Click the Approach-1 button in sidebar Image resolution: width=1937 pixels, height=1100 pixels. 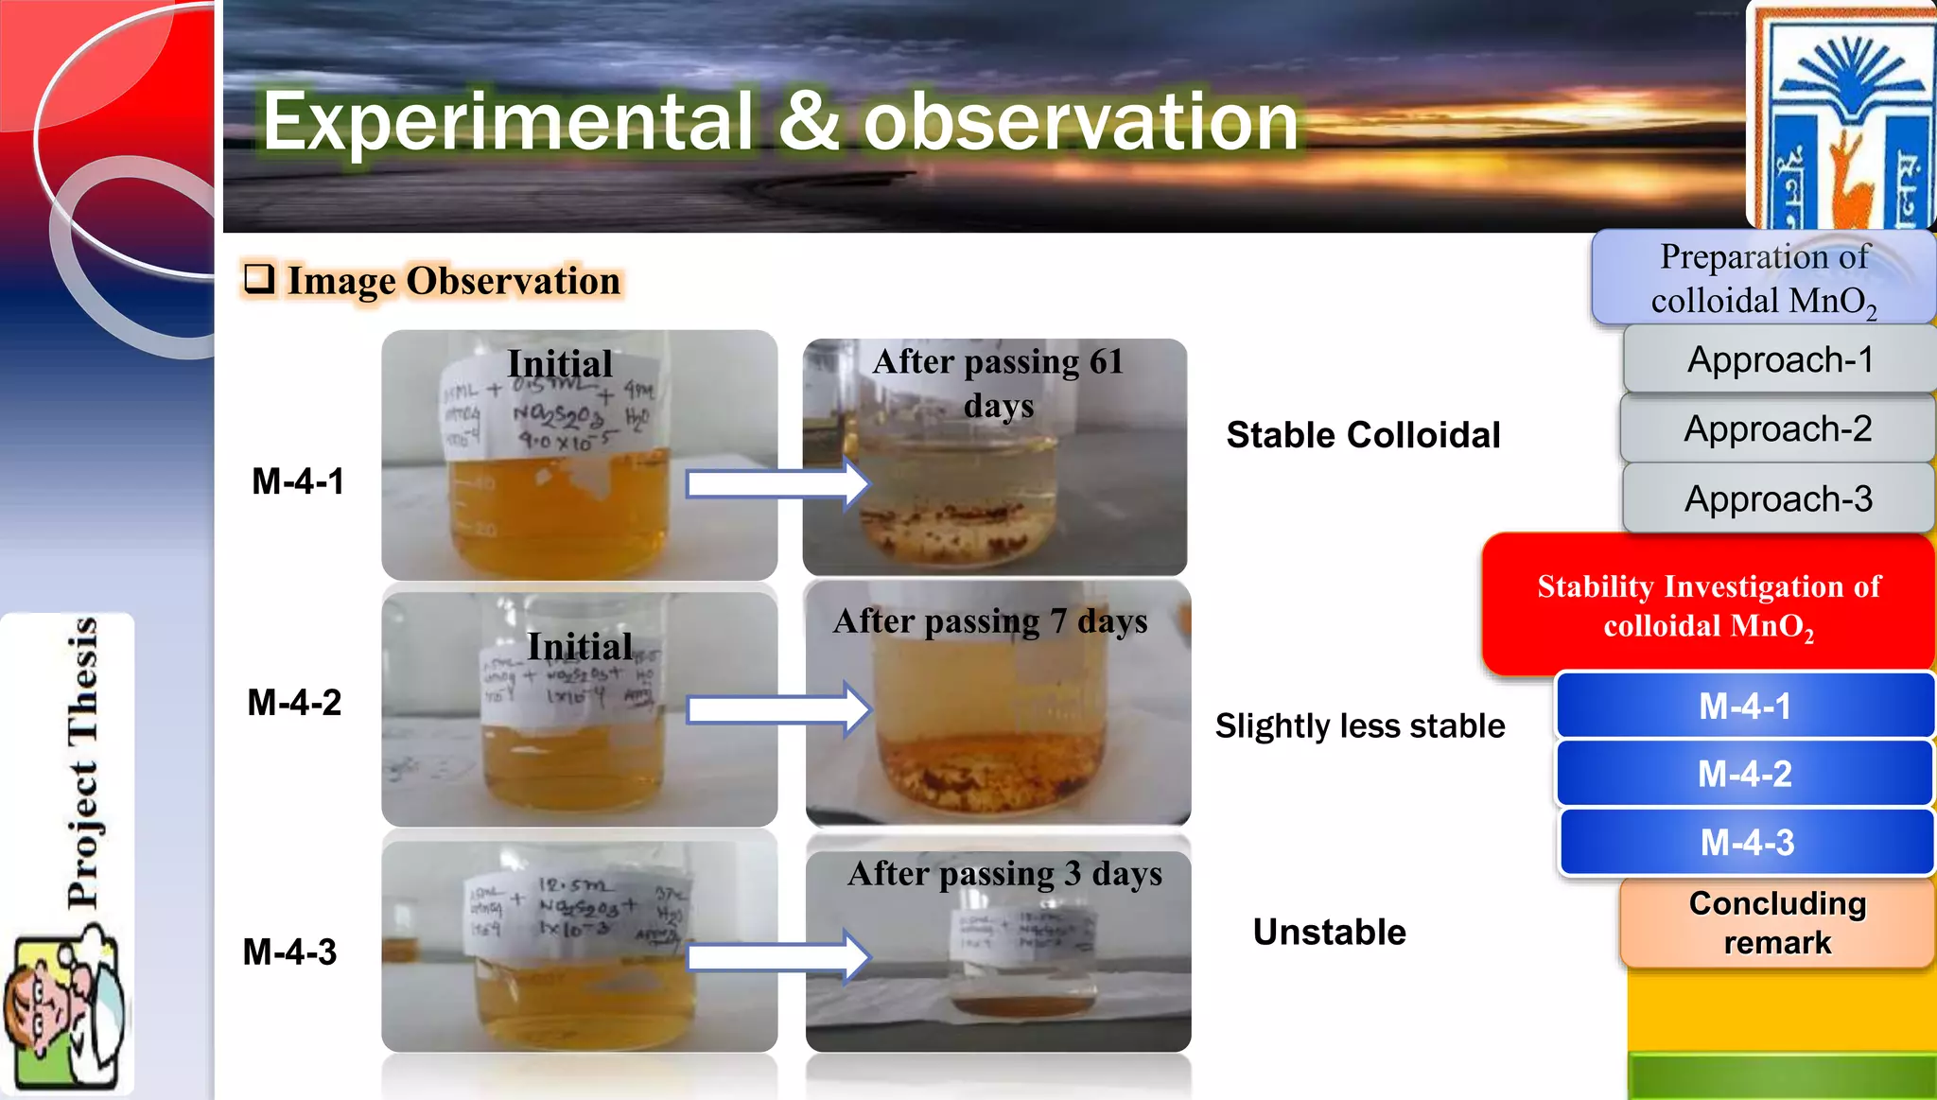(1779, 359)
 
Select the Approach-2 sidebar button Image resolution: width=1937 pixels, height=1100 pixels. (1777, 428)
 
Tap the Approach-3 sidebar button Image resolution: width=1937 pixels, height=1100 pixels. (1778, 498)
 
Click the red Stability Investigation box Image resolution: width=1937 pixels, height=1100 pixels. (1708, 605)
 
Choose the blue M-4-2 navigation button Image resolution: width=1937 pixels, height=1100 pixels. (1744, 774)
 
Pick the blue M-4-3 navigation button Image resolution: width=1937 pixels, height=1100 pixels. (1746, 842)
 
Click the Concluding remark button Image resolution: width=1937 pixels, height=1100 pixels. (1777, 923)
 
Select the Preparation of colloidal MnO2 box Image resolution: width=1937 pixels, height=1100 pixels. (1764, 278)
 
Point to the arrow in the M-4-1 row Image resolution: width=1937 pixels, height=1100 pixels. (777, 484)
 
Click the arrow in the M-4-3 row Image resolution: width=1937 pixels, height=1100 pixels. (777, 957)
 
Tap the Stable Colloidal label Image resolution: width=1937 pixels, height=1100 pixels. (1363, 435)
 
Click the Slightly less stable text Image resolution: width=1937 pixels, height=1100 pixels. (1359, 725)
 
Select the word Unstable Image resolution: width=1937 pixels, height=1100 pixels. (1329, 932)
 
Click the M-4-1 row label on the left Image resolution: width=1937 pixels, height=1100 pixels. (297, 481)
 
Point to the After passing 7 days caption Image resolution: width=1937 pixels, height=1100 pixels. (989, 621)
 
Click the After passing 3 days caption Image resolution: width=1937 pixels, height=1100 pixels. (1003, 873)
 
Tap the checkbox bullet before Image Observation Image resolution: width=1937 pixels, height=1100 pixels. (258, 279)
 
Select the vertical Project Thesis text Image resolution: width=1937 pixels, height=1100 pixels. (82, 762)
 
